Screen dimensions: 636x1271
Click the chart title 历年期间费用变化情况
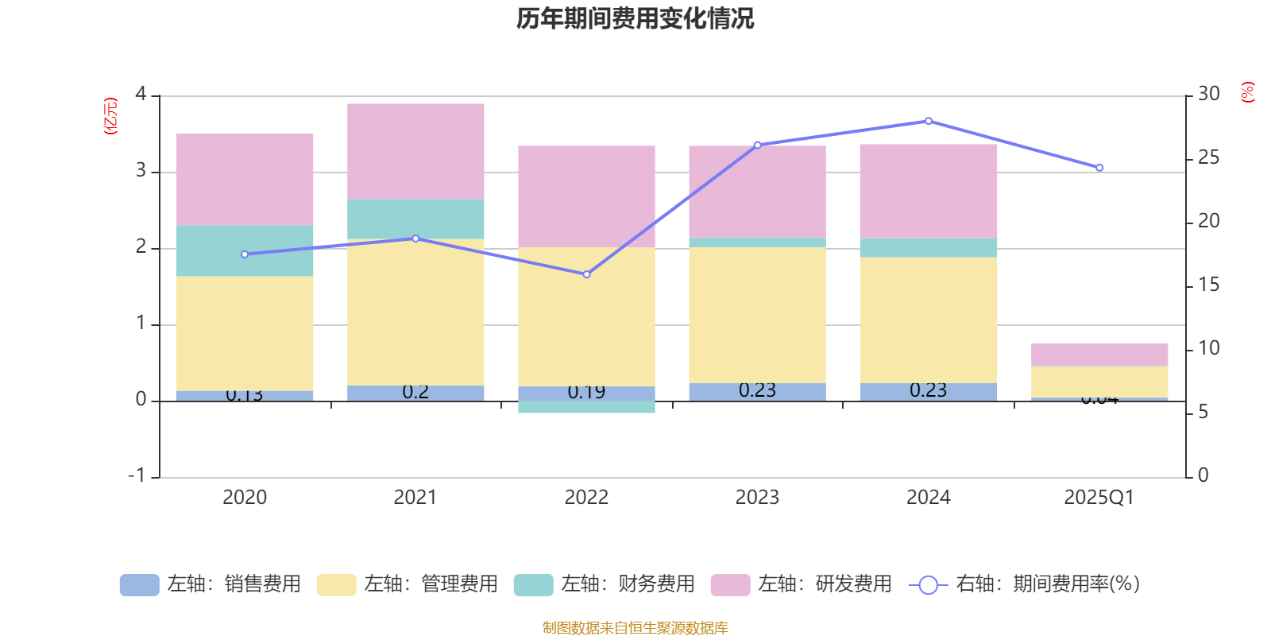(635, 18)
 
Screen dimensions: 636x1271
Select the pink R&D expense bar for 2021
(415, 151)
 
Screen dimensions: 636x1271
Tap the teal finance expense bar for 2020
(244, 250)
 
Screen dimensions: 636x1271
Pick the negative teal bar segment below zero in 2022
(586, 407)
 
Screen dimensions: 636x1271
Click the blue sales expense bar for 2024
(928, 391)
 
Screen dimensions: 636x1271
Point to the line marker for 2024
(928, 122)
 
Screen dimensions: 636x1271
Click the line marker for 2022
(586, 274)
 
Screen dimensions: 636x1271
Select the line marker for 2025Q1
(1099, 168)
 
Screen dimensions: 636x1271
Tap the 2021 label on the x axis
(415, 498)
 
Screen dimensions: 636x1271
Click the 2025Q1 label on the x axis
(1099, 498)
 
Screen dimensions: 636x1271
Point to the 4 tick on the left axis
(141, 95)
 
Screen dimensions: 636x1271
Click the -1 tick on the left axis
(137, 475)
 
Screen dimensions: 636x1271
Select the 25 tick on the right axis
(1208, 158)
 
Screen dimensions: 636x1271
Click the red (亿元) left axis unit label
(110, 116)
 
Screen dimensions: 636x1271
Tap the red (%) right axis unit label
(1247, 92)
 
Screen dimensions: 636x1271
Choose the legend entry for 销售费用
(211, 584)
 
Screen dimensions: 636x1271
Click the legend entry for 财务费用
(605, 584)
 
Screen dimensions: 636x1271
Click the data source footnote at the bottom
(635, 628)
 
